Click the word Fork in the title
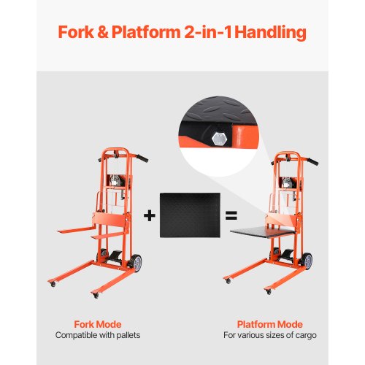tap(76, 32)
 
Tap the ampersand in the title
tap(103, 32)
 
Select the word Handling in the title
tap(271, 33)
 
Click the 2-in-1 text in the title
tap(208, 32)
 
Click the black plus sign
tap(150, 215)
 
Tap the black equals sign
tap(231, 215)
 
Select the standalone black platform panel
tap(190, 215)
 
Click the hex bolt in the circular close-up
tap(220, 139)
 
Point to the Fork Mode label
tap(98, 324)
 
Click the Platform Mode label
tap(270, 324)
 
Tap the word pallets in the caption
tap(128, 335)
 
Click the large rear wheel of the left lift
tap(137, 263)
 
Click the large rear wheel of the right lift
tap(307, 261)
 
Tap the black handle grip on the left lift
tap(142, 158)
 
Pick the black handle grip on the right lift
tap(313, 161)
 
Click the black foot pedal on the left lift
tap(115, 256)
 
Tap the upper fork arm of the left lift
tap(76, 230)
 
